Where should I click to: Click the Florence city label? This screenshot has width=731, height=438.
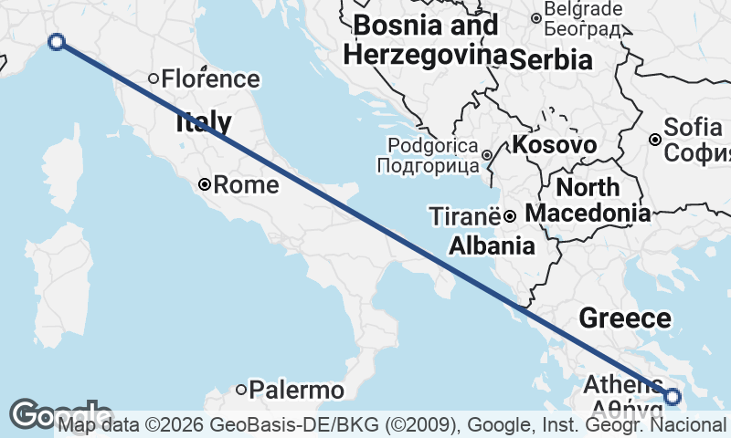[x=210, y=78]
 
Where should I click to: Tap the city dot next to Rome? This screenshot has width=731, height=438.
[x=206, y=184]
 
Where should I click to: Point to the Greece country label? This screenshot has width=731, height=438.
[x=625, y=318]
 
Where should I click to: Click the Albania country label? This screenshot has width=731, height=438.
[x=492, y=245]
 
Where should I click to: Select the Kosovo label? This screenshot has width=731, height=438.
[x=554, y=145]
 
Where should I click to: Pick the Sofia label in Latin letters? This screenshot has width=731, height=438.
[x=694, y=127]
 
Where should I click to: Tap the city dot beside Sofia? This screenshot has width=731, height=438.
[x=655, y=140]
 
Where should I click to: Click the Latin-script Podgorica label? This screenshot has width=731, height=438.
[x=433, y=145]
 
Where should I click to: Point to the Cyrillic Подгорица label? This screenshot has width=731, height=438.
[x=428, y=166]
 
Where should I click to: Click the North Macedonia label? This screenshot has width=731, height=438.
[x=589, y=201]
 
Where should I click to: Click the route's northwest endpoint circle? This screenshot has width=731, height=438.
[x=57, y=41]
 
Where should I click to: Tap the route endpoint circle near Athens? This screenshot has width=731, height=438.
[x=673, y=396]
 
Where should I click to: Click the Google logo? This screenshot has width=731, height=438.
[x=58, y=415]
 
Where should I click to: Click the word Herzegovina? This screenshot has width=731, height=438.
[x=426, y=55]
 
